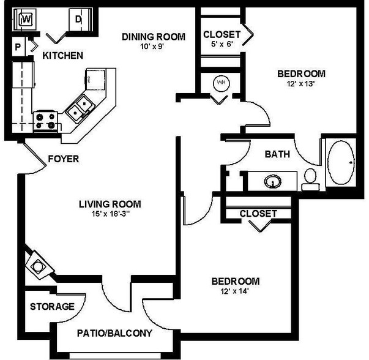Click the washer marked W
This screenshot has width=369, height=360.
pos(25,20)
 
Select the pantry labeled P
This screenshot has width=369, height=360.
pos(18,47)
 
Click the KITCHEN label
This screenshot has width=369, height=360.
pos(62,56)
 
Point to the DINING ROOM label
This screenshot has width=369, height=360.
pos(154,37)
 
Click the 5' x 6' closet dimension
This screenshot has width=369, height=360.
pos(222,44)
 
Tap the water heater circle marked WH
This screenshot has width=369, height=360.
pos(221,83)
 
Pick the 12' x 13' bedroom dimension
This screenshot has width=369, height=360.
pos(300,84)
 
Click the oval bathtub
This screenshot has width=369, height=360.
pos(341,162)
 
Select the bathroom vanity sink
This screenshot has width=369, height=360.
pos(272,181)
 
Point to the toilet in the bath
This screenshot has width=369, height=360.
pos(310,179)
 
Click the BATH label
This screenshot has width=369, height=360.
pos(277,154)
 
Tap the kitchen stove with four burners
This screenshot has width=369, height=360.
pos(45,121)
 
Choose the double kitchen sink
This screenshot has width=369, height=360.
pos(80,108)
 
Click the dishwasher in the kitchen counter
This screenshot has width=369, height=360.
pos(95,80)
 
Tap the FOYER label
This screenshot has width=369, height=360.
pos(63,159)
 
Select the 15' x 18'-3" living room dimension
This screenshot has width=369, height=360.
pos(110,214)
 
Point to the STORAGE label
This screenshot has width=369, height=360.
pos(52,307)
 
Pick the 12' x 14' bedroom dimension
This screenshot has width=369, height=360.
pos(234,291)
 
